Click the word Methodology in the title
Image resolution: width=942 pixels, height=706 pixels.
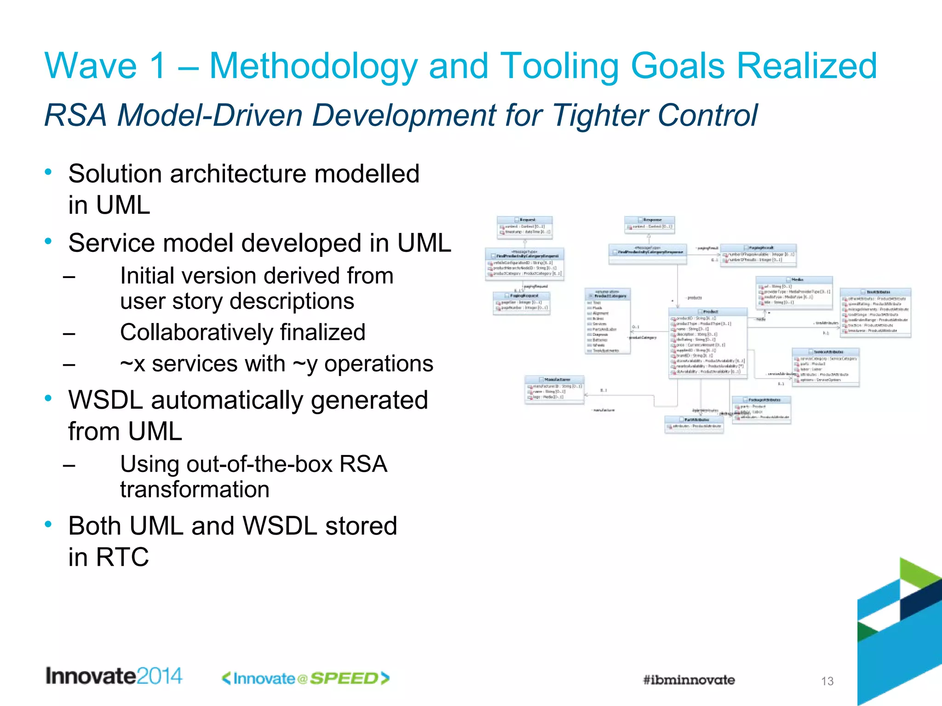click(x=313, y=67)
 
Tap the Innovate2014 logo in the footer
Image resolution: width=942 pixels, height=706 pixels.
click(x=114, y=676)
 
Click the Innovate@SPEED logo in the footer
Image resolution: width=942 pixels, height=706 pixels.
click(x=306, y=678)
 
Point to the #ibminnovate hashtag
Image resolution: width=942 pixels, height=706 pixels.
click(x=689, y=680)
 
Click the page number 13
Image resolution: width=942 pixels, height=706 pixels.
click(x=827, y=681)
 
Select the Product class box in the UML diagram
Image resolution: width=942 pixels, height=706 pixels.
click(x=707, y=343)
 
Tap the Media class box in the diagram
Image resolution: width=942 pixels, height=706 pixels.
click(x=794, y=292)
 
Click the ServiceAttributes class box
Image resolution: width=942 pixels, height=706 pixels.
click(x=825, y=366)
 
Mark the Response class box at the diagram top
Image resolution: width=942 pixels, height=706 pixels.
click(x=649, y=224)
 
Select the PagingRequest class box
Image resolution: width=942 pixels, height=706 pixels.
click(x=521, y=302)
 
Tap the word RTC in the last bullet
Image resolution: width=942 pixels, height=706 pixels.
click(x=122, y=557)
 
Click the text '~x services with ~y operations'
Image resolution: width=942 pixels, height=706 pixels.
click(x=276, y=364)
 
